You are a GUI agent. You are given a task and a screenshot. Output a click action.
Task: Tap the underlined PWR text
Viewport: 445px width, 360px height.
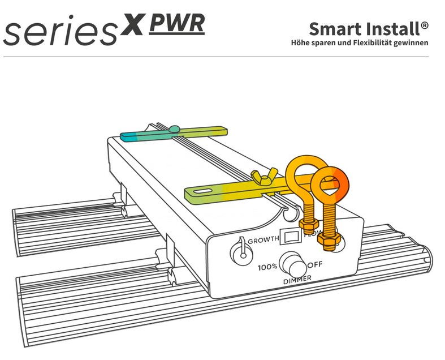(x=177, y=24)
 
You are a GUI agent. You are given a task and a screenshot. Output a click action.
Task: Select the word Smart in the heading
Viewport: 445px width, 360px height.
(x=334, y=28)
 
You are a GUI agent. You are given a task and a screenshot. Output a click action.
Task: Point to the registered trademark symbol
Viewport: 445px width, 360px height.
(x=424, y=25)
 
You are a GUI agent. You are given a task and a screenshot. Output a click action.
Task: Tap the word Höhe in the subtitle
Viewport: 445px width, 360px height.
(x=300, y=42)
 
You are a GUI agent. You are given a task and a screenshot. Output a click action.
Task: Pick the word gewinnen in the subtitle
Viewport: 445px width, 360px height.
(x=411, y=42)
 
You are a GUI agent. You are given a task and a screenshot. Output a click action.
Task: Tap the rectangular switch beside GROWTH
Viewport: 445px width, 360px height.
(x=291, y=235)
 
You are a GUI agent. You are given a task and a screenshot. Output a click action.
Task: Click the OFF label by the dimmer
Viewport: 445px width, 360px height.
(x=315, y=264)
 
